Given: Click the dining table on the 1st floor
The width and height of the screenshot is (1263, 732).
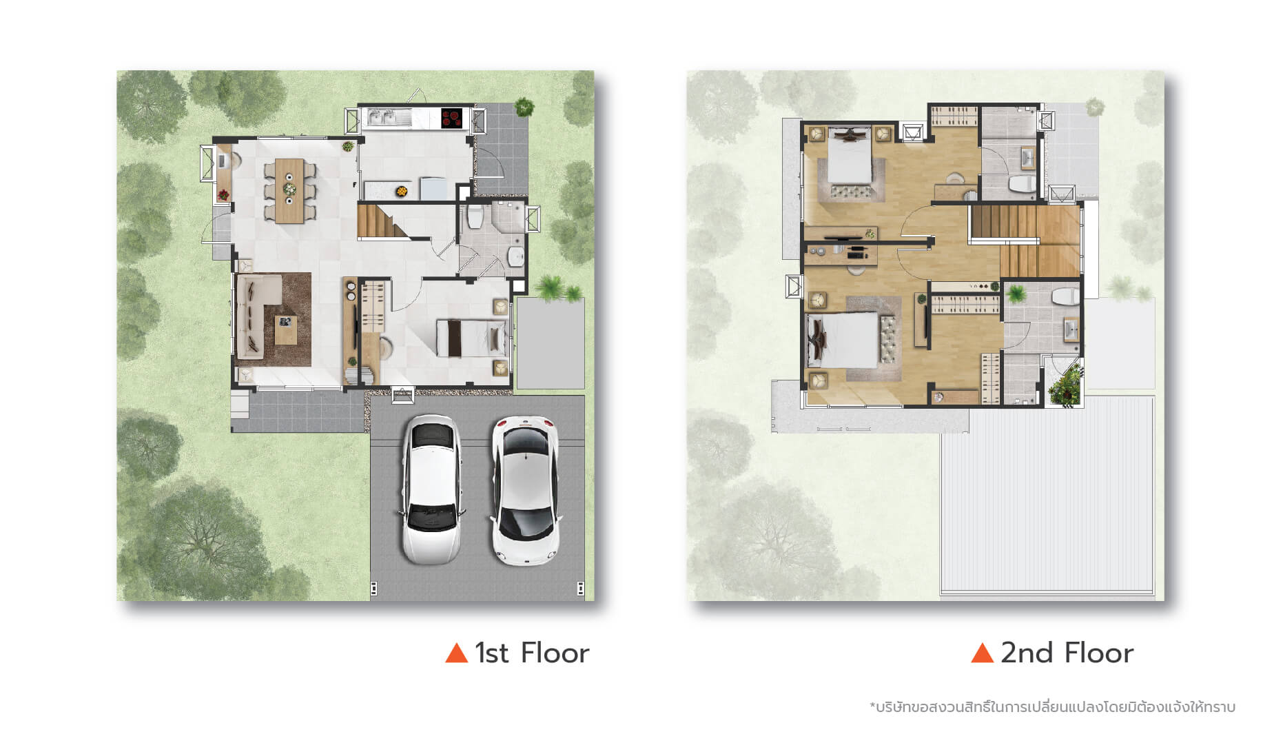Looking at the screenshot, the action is (289, 191).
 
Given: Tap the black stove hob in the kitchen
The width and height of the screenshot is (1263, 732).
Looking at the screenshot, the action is (452, 119).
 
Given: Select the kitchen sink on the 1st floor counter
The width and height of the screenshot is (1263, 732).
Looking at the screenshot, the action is (383, 119).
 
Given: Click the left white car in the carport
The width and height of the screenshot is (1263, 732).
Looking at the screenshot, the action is (431, 489).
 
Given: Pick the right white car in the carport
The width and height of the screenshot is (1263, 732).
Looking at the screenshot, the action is (525, 489).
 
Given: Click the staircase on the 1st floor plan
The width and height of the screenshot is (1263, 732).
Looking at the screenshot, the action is (383, 221).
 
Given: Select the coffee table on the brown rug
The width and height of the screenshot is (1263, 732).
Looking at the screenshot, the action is (285, 329).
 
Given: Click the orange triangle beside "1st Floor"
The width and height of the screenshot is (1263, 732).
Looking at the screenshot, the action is (456, 652).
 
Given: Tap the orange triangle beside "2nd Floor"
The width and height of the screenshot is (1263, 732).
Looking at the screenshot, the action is (982, 652).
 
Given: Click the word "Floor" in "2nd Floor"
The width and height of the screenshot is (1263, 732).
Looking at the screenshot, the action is (1098, 653).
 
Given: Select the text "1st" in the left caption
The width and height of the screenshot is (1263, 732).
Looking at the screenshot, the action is (492, 653).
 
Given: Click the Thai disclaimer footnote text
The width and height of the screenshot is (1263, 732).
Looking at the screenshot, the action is (1052, 707).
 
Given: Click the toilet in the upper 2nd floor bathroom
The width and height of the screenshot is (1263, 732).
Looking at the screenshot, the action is (1022, 183).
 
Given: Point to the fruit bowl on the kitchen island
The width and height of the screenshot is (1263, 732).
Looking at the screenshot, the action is (400, 191).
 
